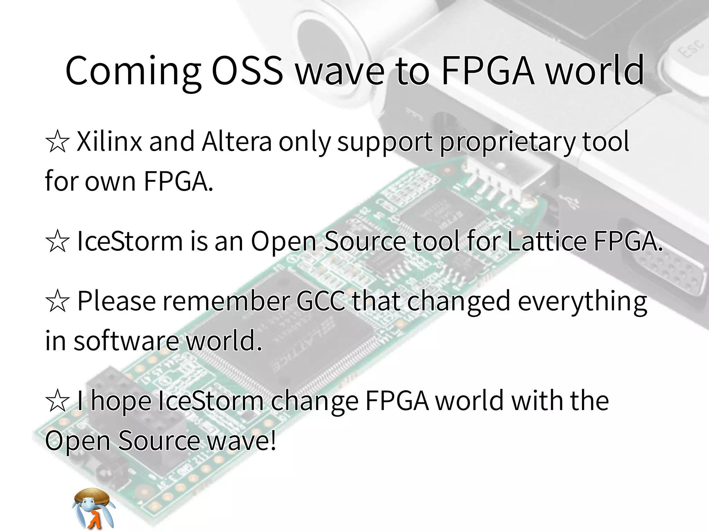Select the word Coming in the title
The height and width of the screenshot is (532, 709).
click(x=133, y=71)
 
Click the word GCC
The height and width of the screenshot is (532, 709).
click(x=321, y=301)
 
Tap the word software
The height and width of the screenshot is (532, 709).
click(x=126, y=341)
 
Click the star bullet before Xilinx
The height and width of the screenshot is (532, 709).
click(x=57, y=142)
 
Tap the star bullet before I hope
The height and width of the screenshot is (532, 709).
click(x=57, y=401)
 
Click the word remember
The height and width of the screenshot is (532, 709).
click(x=226, y=301)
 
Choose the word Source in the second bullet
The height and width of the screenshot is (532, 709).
click(x=365, y=241)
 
